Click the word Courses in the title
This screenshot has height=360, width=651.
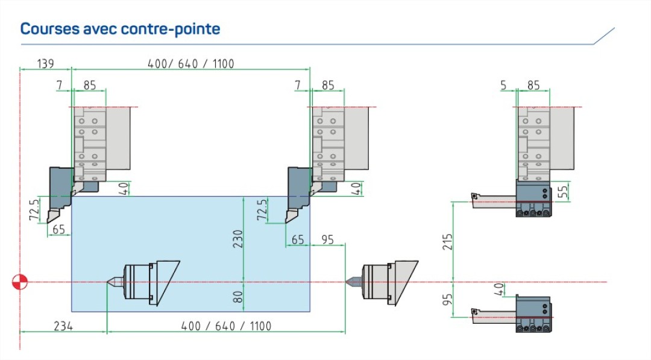click(50, 29)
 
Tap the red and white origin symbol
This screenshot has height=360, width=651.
click(20, 282)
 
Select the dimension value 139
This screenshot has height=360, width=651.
click(45, 63)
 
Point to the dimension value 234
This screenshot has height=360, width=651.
click(63, 326)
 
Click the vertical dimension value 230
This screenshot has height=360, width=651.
click(237, 239)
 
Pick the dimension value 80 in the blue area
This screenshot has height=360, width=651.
click(237, 297)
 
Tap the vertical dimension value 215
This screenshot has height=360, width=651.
click(447, 242)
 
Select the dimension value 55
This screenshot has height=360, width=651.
click(562, 191)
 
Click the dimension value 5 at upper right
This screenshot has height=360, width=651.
click(503, 85)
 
